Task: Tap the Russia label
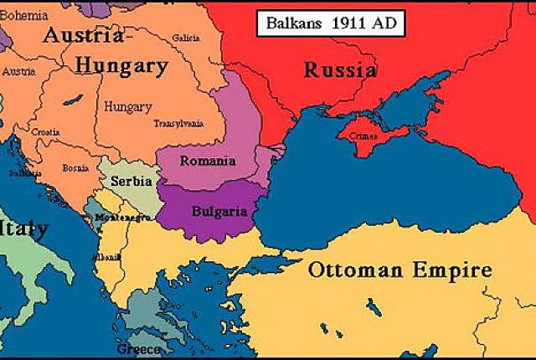(x=339, y=70)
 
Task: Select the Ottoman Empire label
(x=399, y=270)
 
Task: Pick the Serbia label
(x=129, y=181)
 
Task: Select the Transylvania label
(x=179, y=124)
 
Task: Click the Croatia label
(x=45, y=132)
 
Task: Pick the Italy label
(x=21, y=229)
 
